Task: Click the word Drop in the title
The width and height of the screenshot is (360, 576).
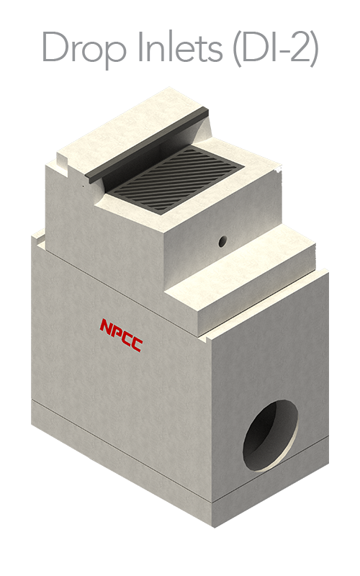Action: click(84, 47)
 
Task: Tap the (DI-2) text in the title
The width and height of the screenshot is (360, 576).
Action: click(276, 47)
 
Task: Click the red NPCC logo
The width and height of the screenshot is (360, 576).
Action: click(122, 335)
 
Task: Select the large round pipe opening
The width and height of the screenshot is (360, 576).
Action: click(271, 435)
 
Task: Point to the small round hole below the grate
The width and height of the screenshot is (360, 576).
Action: click(222, 241)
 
